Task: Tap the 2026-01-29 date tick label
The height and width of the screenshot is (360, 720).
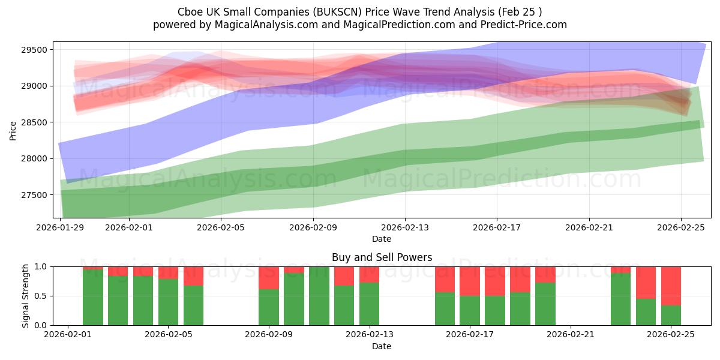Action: [61, 228]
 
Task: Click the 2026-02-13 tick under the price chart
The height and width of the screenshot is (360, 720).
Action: [405, 228]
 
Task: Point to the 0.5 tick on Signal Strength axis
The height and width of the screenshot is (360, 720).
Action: [43, 296]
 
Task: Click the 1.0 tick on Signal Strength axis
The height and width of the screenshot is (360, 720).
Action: [43, 266]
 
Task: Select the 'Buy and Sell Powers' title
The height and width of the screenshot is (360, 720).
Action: [382, 257]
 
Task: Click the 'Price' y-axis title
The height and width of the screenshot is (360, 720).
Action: [13, 130]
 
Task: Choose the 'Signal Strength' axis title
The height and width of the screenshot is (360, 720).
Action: [25, 296]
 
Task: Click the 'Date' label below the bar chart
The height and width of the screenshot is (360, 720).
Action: [382, 346]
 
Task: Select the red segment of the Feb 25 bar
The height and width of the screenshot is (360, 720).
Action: [671, 286]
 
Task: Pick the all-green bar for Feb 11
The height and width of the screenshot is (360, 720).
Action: [319, 296]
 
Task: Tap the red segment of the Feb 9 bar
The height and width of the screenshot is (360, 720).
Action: [268, 278]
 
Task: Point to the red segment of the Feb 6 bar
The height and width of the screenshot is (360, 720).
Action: [193, 276]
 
